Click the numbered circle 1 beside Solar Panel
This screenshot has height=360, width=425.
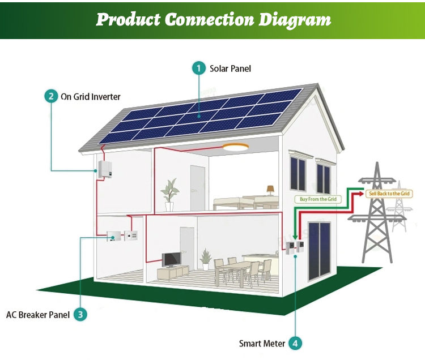coord(198,68)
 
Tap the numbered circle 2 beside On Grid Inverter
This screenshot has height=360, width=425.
coord(51,96)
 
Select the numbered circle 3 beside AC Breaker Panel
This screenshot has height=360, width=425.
coord(80,315)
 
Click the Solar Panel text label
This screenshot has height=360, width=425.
coord(230,68)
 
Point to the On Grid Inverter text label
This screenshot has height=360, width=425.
coord(91,96)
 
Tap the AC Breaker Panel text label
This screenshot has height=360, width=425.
coord(38,315)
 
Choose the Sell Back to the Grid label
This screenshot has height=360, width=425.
coord(389,194)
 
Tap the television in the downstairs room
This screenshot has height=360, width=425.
coord(171,260)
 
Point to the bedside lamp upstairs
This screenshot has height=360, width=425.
coord(270,190)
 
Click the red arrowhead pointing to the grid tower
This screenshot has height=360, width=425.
coord(359,194)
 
